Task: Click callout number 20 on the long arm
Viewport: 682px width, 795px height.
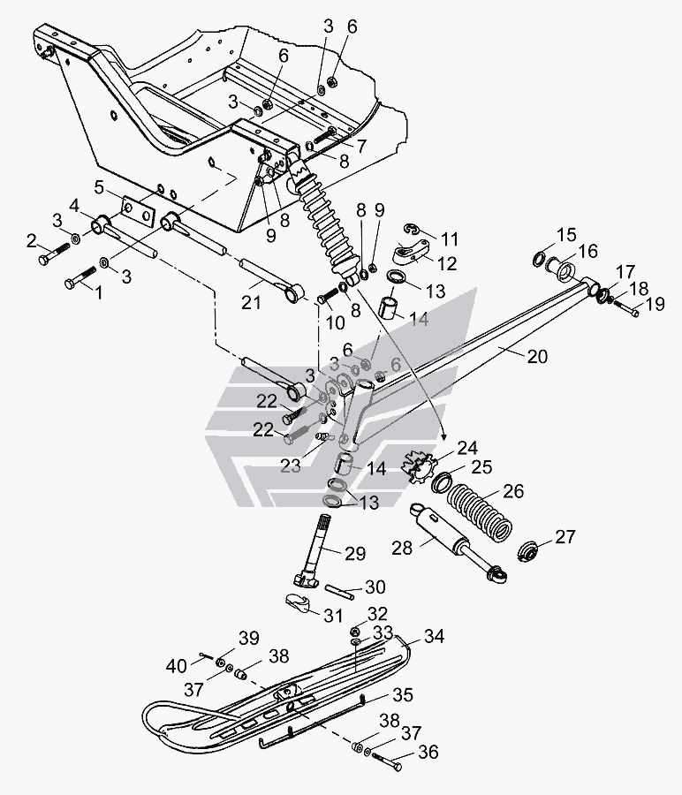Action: click(x=537, y=357)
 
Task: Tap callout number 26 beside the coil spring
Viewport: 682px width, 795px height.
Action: click(x=513, y=491)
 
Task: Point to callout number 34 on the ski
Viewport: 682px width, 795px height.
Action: click(x=433, y=636)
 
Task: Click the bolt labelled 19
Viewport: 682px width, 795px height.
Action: click(x=627, y=308)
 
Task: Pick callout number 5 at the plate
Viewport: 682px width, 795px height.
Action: click(x=99, y=187)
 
